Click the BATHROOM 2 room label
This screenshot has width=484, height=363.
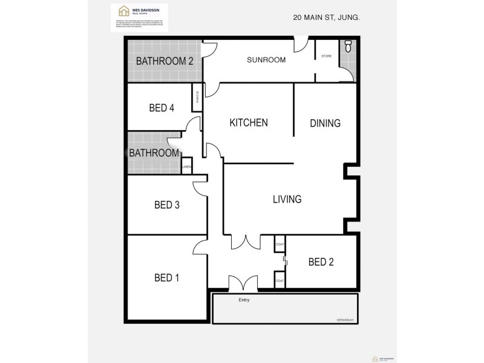[165, 60]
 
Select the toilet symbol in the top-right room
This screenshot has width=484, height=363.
[347, 47]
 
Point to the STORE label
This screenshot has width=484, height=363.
[327, 57]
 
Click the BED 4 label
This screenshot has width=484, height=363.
[162, 108]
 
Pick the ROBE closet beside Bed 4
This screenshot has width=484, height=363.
[197, 97]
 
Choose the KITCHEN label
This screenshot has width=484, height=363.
[248, 122]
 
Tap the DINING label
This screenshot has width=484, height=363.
[325, 123]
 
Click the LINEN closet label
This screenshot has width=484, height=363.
[187, 167]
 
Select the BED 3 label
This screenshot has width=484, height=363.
[166, 204]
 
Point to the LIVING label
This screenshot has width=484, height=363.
[287, 199]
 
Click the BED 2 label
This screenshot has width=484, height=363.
[321, 262]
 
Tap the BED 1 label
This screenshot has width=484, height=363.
[166, 278]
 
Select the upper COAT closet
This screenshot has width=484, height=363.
[280, 244]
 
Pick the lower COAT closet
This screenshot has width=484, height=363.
[280, 281]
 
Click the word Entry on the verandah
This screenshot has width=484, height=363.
[244, 300]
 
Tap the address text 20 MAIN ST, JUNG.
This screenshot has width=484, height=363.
[327, 18]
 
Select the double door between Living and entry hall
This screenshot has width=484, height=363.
[246, 242]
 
